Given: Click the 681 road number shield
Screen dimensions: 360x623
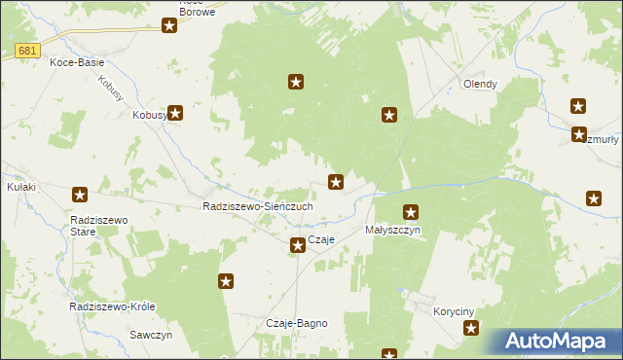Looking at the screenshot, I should (x=27, y=51).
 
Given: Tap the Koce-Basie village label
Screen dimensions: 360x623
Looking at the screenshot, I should (x=77, y=62).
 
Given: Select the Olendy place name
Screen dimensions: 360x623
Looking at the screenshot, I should (x=480, y=84).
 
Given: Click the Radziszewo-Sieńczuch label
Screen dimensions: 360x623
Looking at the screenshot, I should (x=257, y=207).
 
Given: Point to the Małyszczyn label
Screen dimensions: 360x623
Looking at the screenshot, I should (x=392, y=231).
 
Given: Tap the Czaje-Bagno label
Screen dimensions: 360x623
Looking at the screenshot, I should (x=296, y=323).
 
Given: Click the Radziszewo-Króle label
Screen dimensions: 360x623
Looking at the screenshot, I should (x=112, y=306).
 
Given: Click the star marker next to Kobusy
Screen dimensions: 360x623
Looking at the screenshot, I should (x=176, y=113).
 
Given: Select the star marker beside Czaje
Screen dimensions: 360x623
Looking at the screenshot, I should (x=298, y=245).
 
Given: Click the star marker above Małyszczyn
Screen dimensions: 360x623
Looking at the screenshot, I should (x=411, y=211).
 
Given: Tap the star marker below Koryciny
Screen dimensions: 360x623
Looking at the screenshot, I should (x=472, y=330).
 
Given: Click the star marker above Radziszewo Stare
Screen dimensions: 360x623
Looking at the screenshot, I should (x=81, y=195).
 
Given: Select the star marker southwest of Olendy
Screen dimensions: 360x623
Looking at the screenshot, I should (x=389, y=116).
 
